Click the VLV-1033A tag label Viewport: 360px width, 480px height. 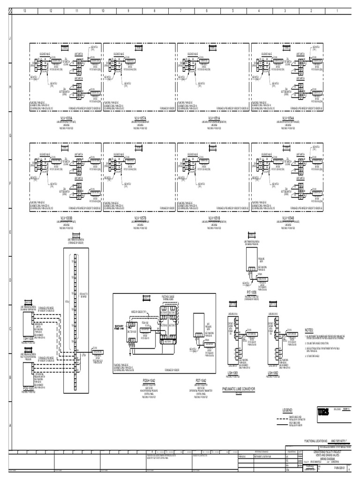point(66,118)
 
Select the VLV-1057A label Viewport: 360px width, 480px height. point(140,118)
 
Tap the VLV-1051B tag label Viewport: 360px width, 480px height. point(214,218)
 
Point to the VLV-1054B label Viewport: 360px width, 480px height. point(288,218)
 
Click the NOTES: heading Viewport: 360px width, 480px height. point(312,330)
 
